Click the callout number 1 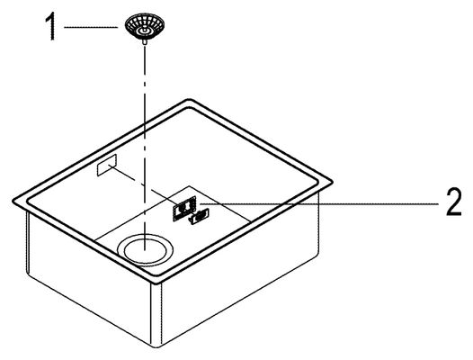click(x=51, y=26)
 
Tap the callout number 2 click(x=454, y=202)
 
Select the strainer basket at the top click(x=144, y=27)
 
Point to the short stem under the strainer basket click(x=145, y=42)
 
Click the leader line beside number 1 click(x=91, y=27)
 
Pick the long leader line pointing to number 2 click(x=318, y=204)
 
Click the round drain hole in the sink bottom click(x=145, y=249)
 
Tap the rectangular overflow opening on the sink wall click(x=107, y=166)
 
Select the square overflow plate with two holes click(x=184, y=209)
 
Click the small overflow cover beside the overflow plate click(x=199, y=217)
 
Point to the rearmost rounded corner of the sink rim click(x=189, y=101)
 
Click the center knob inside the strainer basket click(x=145, y=31)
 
